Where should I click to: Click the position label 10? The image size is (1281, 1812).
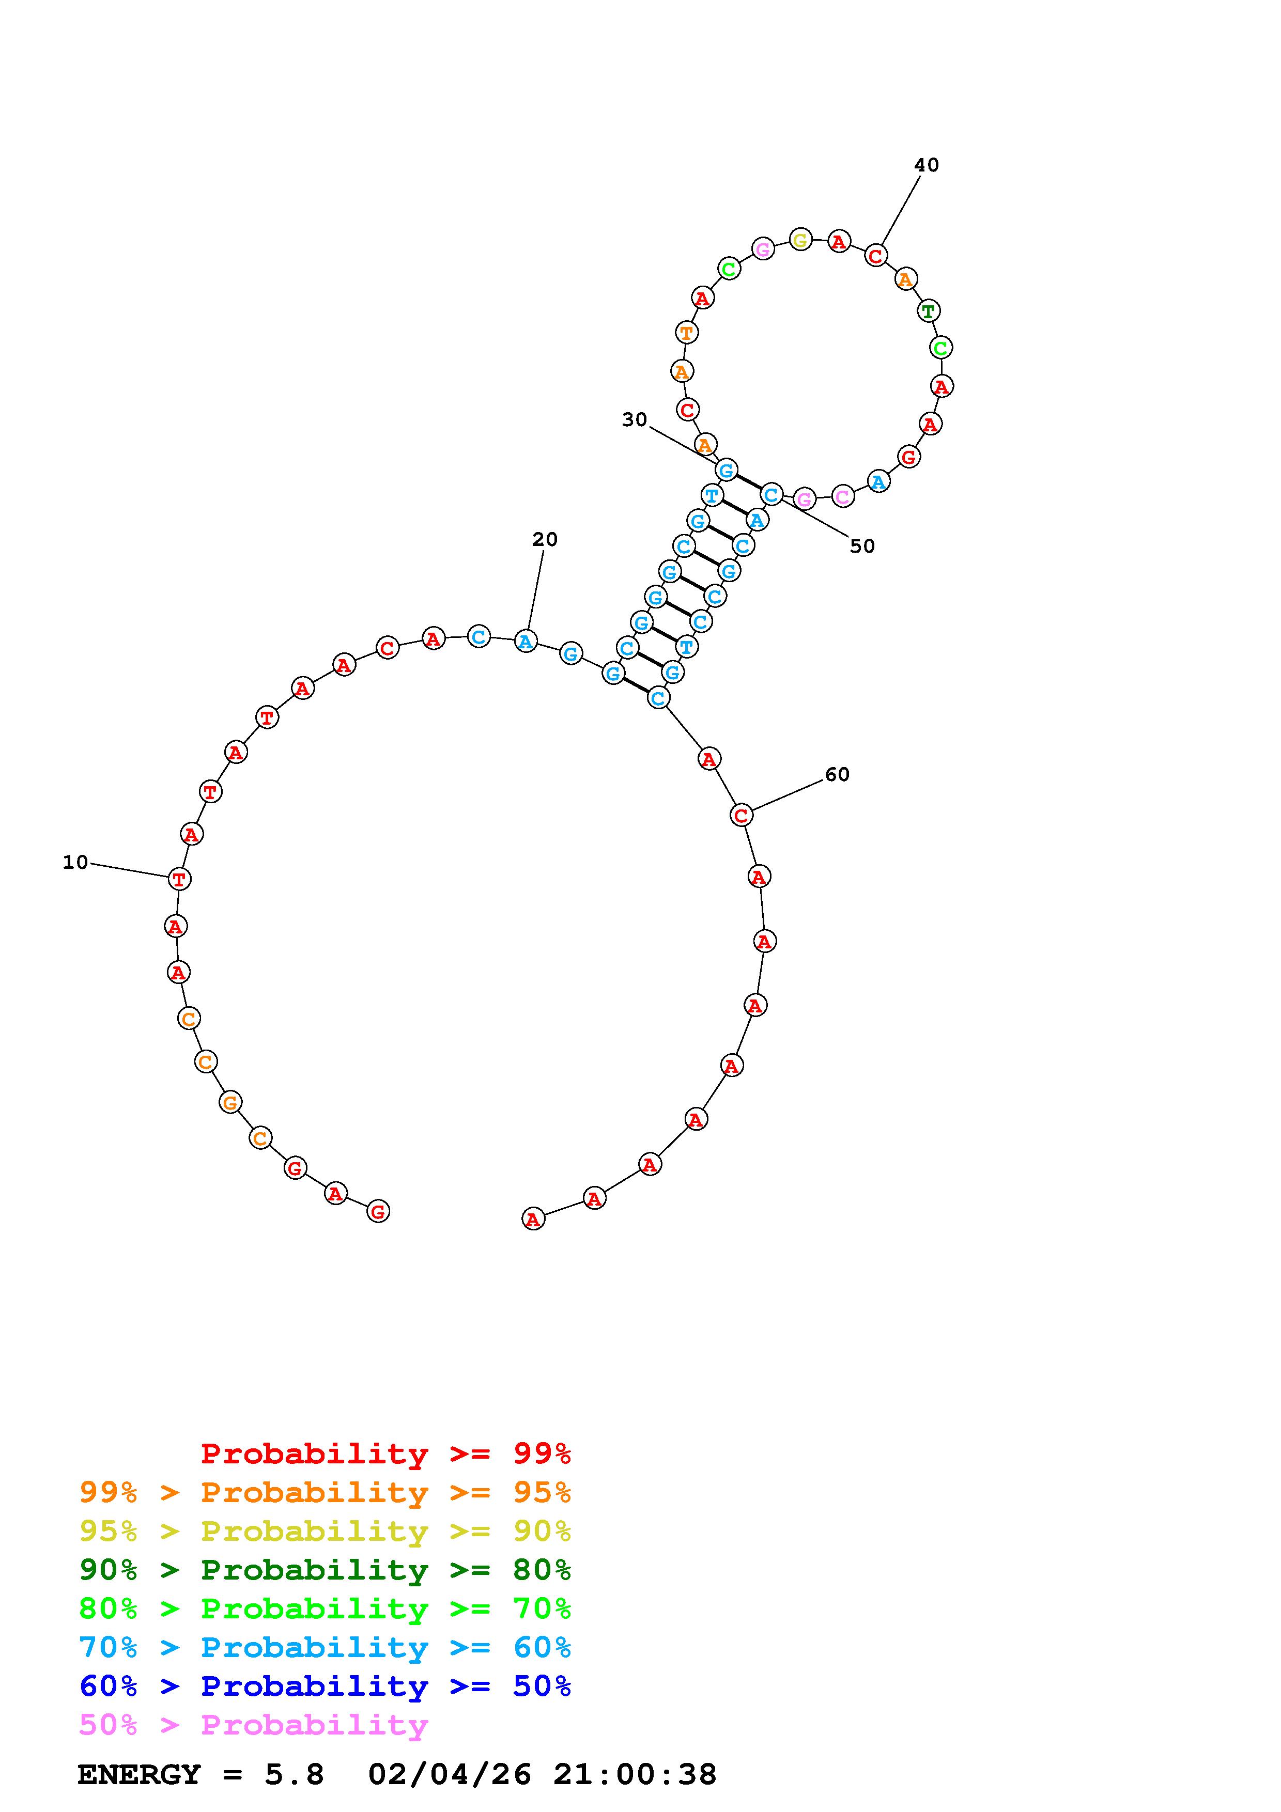pos(76,863)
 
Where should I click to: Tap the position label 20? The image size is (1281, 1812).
pos(545,539)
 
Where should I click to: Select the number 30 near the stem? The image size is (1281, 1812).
pos(635,420)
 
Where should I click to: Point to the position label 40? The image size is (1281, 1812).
pos(927,165)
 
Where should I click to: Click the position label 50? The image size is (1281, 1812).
pos(862,546)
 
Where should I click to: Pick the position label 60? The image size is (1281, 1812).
pos(838,775)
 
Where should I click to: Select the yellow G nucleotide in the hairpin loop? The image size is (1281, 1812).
pos(800,240)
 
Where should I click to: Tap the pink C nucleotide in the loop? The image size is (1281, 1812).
pos(843,496)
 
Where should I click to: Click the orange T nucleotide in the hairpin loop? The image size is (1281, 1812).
pos(686,333)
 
